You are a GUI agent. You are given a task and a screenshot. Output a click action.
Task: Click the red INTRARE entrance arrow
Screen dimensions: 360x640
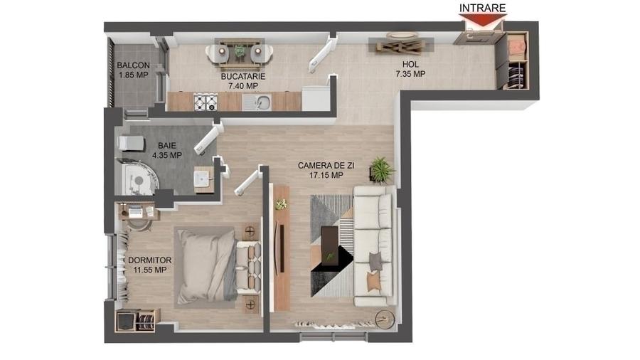click(x=482, y=20)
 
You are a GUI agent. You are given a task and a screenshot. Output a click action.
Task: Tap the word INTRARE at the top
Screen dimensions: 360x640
click(x=482, y=8)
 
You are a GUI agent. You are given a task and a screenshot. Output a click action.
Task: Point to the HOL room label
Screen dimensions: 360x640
click(x=410, y=64)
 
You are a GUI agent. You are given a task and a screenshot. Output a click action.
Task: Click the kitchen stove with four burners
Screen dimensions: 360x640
click(x=206, y=102)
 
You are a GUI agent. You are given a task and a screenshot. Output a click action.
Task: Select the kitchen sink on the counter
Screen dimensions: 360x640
click(x=261, y=102)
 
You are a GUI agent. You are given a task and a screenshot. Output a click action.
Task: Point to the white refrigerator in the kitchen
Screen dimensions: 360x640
click(x=315, y=98)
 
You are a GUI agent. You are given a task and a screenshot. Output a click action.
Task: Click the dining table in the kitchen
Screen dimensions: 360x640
click(x=239, y=51)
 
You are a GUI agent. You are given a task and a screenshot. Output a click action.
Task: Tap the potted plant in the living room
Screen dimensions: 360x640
click(x=381, y=170)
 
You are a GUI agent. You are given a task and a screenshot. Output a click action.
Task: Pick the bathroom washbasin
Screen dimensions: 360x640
click(x=204, y=178)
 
